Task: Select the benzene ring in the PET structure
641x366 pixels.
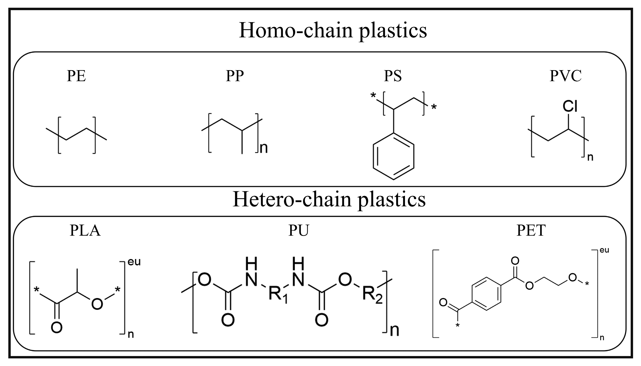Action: tap(487, 294)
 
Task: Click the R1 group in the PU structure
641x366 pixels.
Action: tap(278, 294)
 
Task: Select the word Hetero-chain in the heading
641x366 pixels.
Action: tap(292, 199)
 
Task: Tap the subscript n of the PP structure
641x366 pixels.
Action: tap(264, 148)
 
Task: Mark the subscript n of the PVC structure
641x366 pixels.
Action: tap(590, 157)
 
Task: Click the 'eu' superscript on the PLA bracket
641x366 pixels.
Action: tap(134, 262)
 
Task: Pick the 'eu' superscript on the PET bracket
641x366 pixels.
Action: tap(604, 250)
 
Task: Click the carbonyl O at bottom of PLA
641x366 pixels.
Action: tap(56, 328)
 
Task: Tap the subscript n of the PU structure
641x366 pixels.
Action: tap(394, 331)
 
